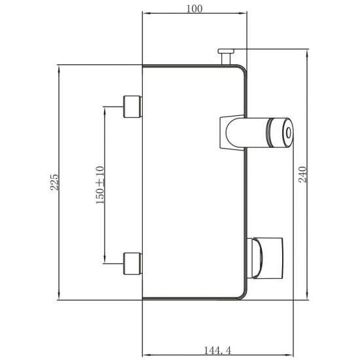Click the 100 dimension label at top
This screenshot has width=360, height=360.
click(x=194, y=9)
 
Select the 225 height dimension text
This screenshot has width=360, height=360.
click(x=54, y=183)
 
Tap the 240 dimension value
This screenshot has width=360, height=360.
click(x=302, y=175)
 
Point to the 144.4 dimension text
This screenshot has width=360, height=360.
click(x=217, y=350)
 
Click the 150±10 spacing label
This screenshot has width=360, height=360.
click(x=100, y=185)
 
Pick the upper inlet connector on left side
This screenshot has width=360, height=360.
click(x=133, y=107)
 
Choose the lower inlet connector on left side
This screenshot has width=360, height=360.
click(x=133, y=263)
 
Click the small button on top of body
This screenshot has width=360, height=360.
click(x=226, y=51)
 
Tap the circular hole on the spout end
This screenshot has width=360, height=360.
click(x=288, y=133)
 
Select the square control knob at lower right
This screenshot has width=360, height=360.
click(x=268, y=259)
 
